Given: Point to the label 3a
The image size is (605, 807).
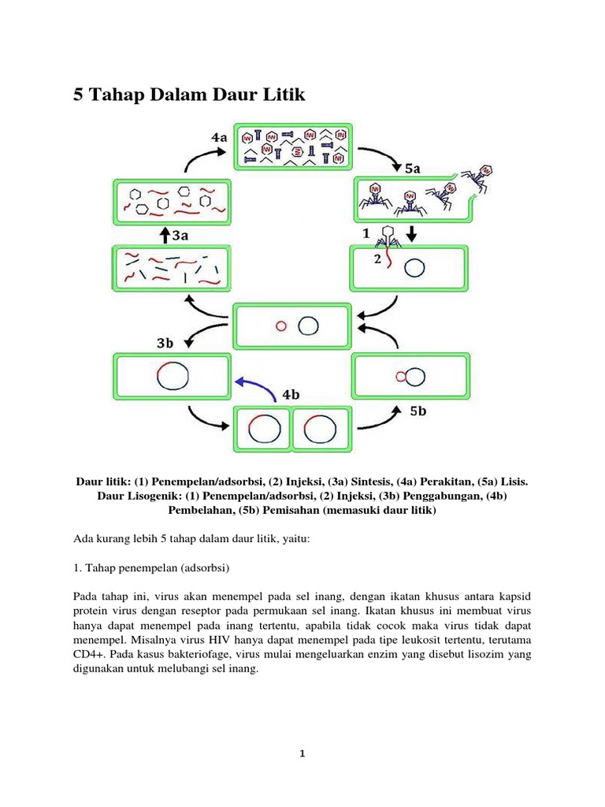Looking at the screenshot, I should (x=180, y=234).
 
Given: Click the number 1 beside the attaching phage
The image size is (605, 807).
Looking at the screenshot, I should (x=366, y=234).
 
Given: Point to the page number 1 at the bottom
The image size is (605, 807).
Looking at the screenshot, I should (x=302, y=753).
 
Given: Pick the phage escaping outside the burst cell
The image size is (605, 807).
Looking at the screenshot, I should (x=483, y=177).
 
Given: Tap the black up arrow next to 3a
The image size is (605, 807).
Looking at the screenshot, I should (x=164, y=234).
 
